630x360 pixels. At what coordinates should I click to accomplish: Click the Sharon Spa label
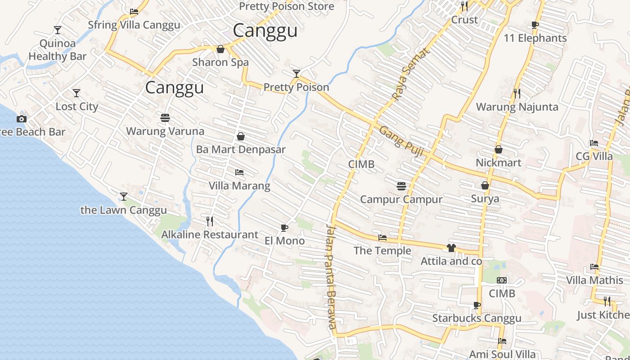click(x=220, y=62)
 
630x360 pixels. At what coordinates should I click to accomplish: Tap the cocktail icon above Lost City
click(x=76, y=93)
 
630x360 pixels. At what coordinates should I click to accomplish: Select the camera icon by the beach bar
click(x=21, y=119)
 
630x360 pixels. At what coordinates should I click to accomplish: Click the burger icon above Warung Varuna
click(x=165, y=118)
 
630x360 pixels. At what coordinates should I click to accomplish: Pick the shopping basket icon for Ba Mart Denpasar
click(x=241, y=136)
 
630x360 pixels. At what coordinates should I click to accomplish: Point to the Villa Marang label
click(x=239, y=185)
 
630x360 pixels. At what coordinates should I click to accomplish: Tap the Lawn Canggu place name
click(x=123, y=210)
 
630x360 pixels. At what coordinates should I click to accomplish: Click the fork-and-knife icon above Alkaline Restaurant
click(x=209, y=221)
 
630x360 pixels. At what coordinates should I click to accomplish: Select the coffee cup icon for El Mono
click(x=284, y=228)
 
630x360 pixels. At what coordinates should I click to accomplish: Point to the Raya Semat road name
click(x=410, y=75)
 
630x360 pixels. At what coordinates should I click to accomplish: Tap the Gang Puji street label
click(x=401, y=141)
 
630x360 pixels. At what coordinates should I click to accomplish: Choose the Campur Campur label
click(x=401, y=199)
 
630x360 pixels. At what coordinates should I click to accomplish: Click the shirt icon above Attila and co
click(x=451, y=248)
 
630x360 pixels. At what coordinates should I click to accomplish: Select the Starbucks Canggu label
click(x=477, y=318)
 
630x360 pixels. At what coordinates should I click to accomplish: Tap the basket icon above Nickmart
click(x=498, y=149)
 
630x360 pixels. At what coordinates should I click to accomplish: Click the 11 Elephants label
click(x=535, y=38)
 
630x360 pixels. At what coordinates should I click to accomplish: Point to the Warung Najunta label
click(x=517, y=107)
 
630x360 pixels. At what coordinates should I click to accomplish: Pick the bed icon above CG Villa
click(x=594, y=144)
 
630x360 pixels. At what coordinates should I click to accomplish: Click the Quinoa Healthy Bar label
click(x=58, y=50)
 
